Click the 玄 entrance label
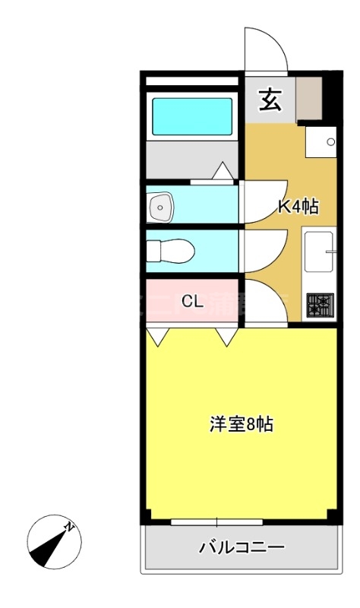[x=270, y=100]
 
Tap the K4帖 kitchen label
[x=297, y=206]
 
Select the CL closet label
[x=192, y=301]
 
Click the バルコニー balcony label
[x=242, y=546]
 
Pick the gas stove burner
[x=320, y=306]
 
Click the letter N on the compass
[x=68, y=526]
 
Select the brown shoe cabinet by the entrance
[x=309, y=97]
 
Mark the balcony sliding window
[x=217, y=522]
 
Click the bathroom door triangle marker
[x=223, y=173]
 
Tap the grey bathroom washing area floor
[x=192, y=158]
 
